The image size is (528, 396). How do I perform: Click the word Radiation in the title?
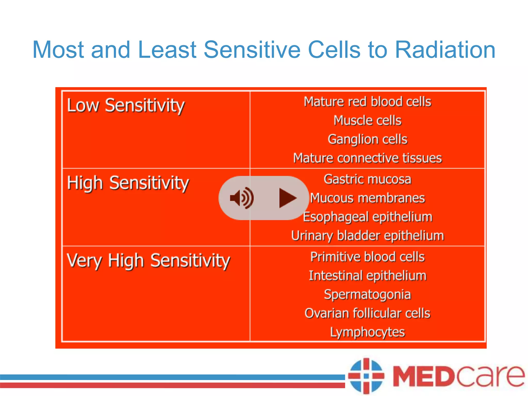445,49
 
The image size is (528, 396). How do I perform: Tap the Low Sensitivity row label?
126,106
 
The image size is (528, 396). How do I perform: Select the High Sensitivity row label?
128,183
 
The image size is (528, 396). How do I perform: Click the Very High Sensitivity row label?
148,261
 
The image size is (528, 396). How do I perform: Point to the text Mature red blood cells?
367,102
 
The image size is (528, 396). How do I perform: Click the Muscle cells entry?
367,120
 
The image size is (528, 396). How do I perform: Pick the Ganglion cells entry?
367,139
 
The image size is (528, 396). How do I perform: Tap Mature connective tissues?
367,158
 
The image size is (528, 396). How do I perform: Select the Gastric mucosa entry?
367,179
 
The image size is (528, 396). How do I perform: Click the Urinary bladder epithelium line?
367,236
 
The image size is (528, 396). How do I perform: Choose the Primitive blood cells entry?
367,257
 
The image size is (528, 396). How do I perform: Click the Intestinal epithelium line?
367,276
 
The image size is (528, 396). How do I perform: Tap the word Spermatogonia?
367,294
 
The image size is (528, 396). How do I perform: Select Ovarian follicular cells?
367,313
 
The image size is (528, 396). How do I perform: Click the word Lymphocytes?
367,332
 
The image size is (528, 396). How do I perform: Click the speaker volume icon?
242,198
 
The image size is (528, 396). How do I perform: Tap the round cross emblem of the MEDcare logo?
366,376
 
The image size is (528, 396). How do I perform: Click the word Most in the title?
58,49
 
